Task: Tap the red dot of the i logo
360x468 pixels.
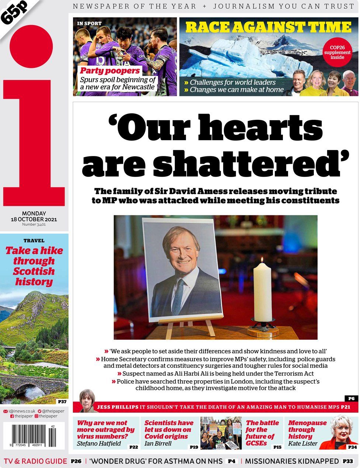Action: coord(31,46)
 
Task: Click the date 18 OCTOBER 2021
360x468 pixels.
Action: coord(34,219)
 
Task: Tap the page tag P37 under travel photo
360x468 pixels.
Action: coord(62,401)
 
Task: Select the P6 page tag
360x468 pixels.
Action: coord(351,398)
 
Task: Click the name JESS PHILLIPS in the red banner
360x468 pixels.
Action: coord(117,407)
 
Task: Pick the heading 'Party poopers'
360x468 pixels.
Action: coord(110,71)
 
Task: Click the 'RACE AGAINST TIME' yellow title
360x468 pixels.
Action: coord(268,27)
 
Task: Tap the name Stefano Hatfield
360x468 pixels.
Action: coord(98,444)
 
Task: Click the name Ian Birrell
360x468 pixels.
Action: coord(158,444)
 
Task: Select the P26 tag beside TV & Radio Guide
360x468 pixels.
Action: coord(76,461)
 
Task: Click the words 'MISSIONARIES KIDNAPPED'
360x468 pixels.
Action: coord(291,461)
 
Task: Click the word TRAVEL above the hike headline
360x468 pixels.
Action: coord(34,240)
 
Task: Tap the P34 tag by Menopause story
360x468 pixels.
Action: coord(352,447)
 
